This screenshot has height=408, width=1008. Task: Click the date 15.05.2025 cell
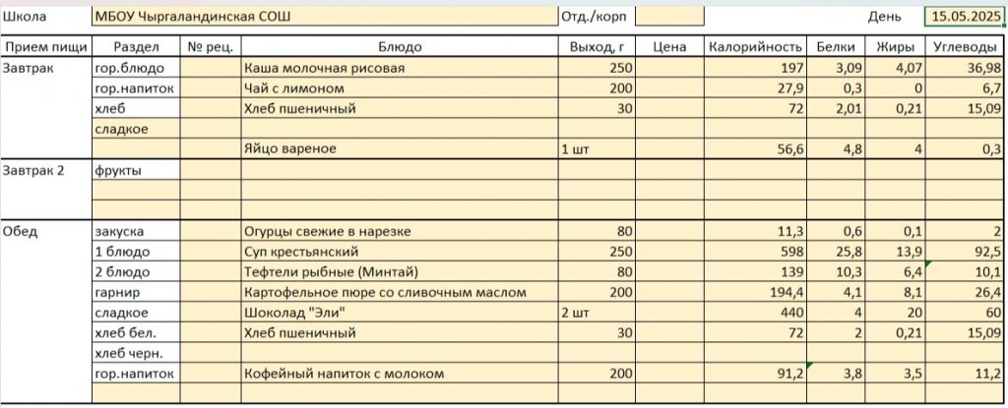point(964,17)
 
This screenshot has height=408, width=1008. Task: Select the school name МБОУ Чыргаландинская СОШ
point(198,17)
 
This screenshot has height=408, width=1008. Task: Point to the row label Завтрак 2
point(33,170)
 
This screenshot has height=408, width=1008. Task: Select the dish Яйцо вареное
point(290,148)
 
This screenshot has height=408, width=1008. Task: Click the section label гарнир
point(116,292)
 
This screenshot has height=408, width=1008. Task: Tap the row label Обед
point(22,231)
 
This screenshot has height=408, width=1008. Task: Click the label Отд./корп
point(594,17)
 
